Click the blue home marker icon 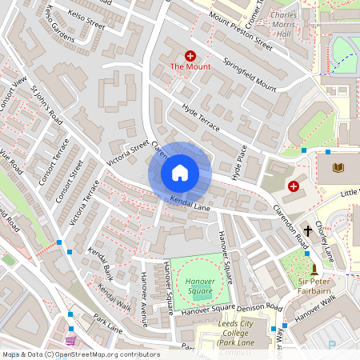pos(179,172)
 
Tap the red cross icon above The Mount pos(190,55)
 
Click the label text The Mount pos(190,67)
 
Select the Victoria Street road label pos(128,152)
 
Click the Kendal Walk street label pos(114,297)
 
